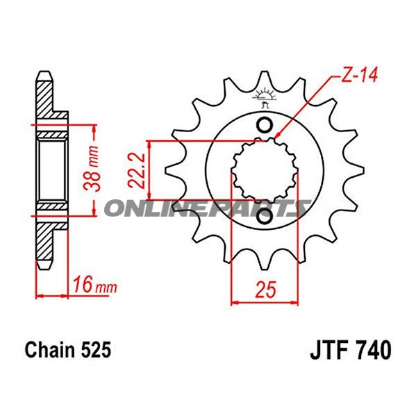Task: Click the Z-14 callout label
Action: coord(358,76)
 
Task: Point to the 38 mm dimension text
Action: coord(92,168)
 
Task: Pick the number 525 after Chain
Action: coord(97,349)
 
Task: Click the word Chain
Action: coord(51,349)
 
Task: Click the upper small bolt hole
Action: coord(265,125)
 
